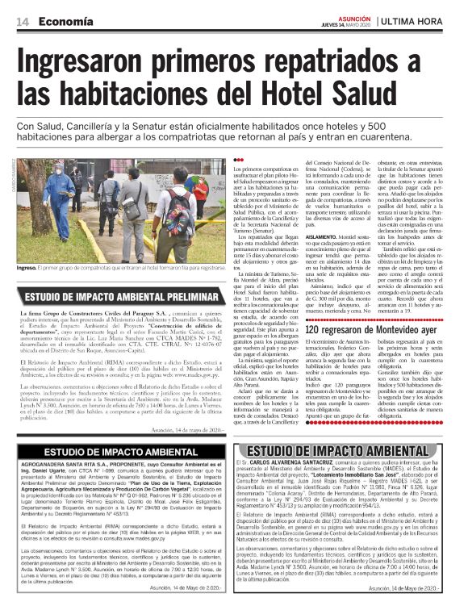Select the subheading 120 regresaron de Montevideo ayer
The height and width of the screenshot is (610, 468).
370,331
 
